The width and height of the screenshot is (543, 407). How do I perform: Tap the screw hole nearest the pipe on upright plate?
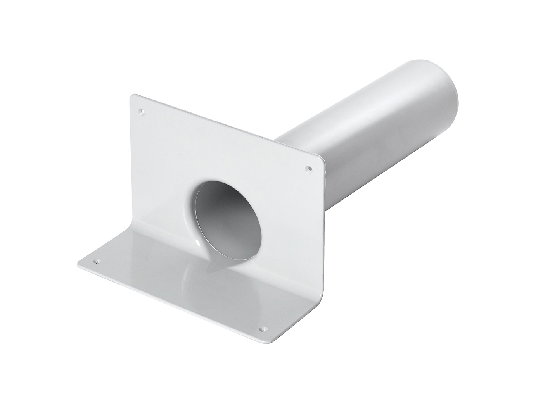pyautogui.click(x=309, y=169)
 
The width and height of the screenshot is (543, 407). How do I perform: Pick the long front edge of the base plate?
pyautogui.click(x=175, y=302)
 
